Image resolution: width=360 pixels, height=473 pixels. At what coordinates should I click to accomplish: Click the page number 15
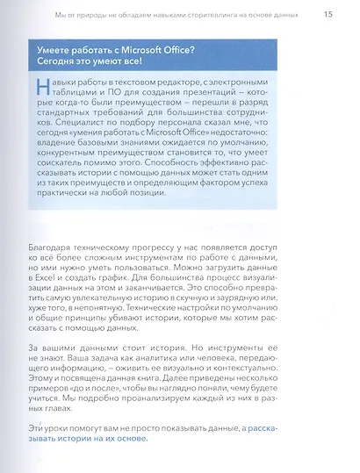point(327,14)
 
